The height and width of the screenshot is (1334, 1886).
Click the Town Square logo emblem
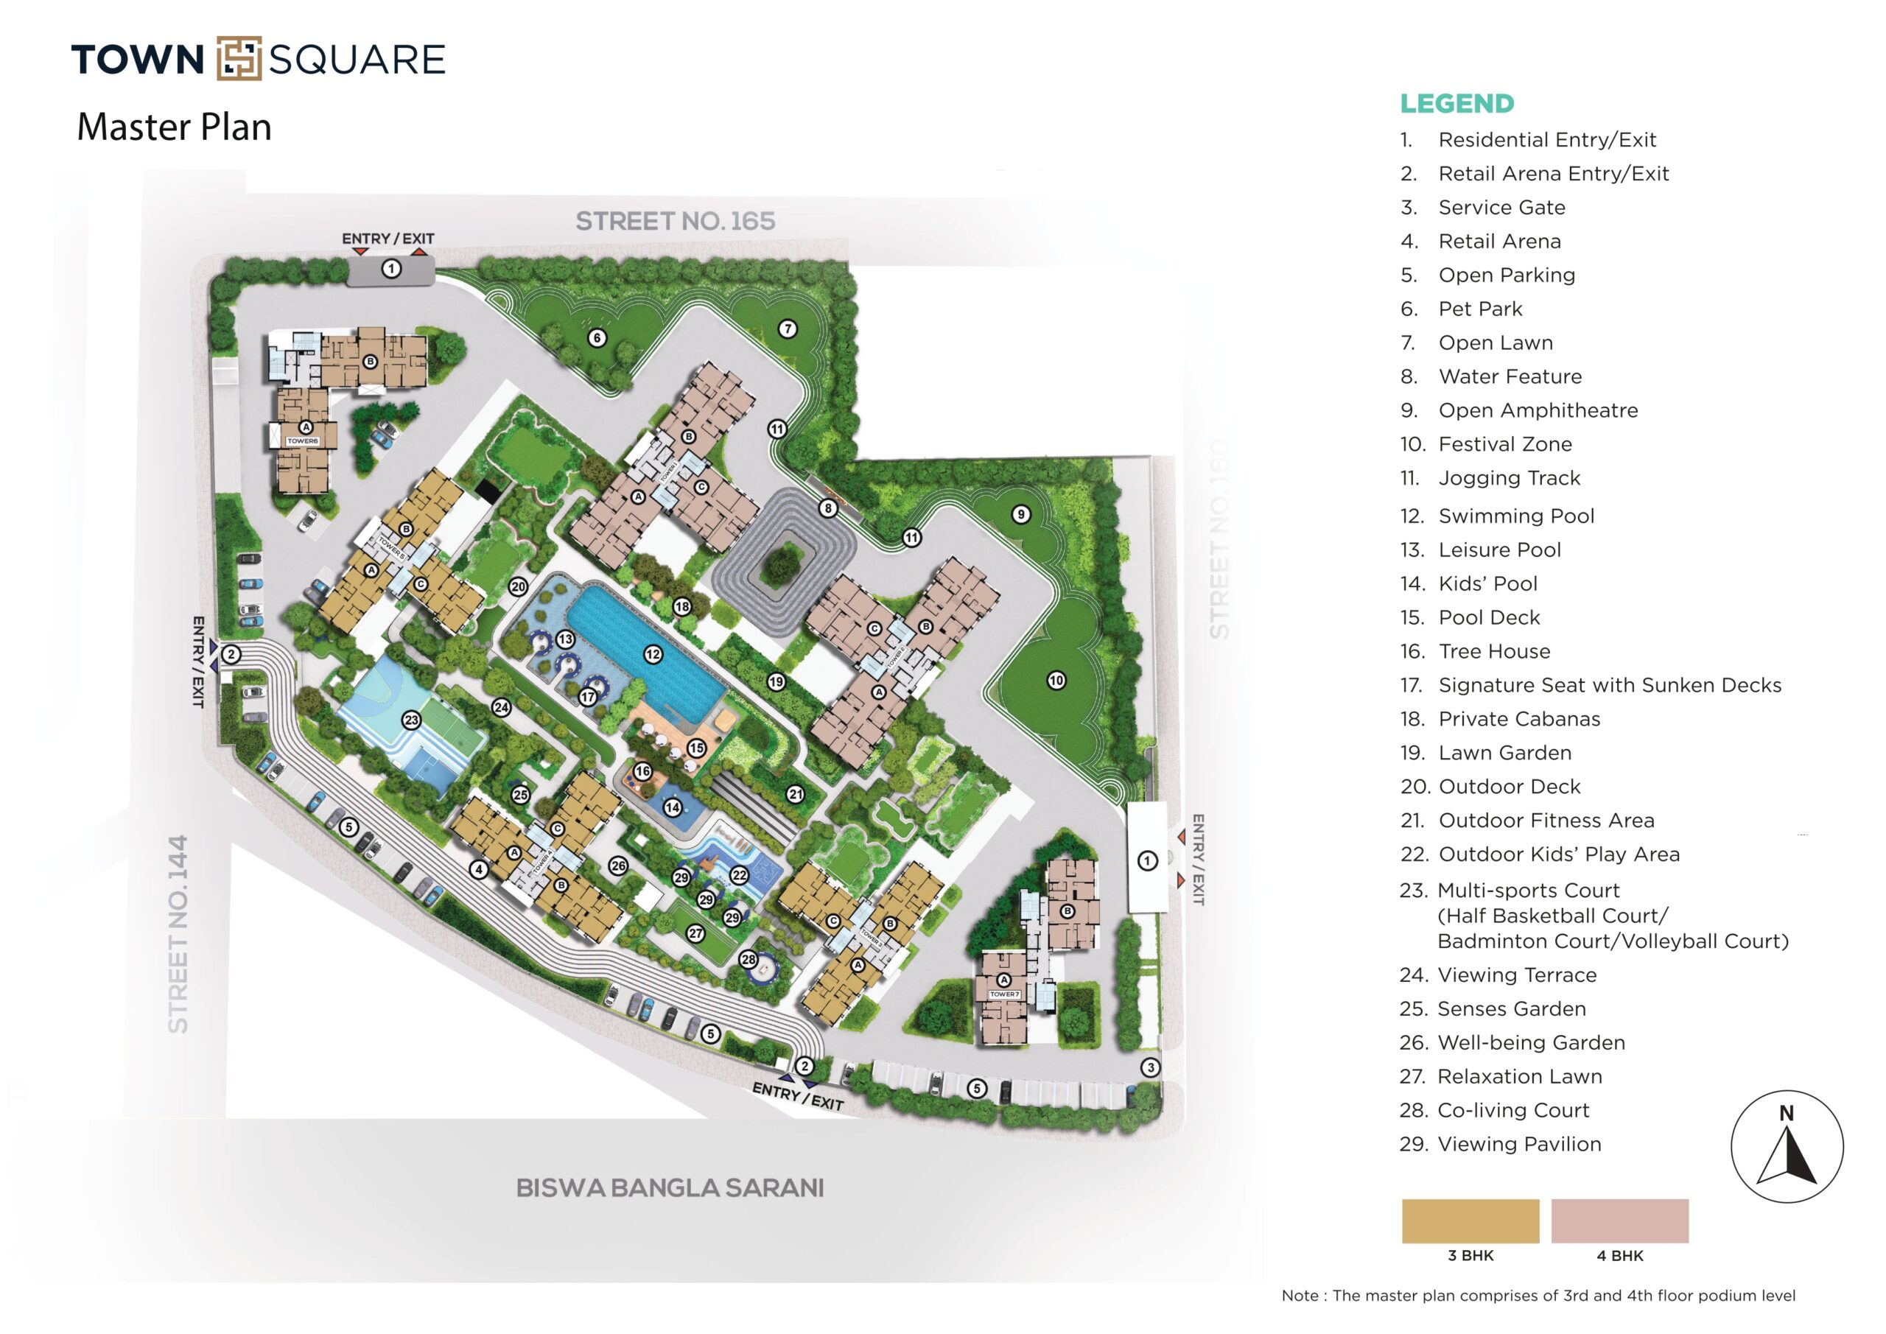(239, 58)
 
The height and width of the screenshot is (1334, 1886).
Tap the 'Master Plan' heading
(174, 127)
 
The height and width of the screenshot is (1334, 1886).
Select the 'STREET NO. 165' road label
(676, 221)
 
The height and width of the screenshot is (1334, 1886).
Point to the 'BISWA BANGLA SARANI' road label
(670, 1188)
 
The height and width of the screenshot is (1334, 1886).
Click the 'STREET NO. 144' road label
(178, 934)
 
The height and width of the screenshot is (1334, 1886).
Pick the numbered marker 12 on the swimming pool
(653, 655)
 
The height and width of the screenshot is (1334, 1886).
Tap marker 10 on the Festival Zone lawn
(1056, 680)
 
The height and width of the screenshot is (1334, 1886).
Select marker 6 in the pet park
(597, 337)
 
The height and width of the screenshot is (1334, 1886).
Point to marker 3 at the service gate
(1151, 1067)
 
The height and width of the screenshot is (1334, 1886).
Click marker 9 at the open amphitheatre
(1021, 514)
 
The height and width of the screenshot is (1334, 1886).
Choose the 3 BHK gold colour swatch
(1470, 1221)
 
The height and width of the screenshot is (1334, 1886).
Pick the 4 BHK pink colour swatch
(1620, 1221)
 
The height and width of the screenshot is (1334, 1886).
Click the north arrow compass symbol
(1787, 1147)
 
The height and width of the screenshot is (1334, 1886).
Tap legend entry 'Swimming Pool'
(1515, 516)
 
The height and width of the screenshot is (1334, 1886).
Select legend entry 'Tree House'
(1494, 651)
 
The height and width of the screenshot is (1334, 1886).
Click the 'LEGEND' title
(1457, 104)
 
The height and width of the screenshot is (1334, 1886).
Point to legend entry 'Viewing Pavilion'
(1519, 1144)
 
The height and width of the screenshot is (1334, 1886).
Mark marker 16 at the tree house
(643, 771)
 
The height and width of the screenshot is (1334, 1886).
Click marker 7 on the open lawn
(788, 329)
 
